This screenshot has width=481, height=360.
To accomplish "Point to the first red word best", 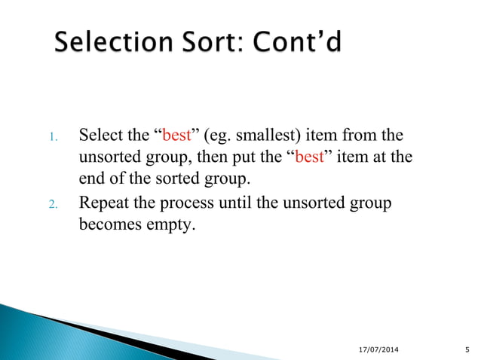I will pos(176,137).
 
